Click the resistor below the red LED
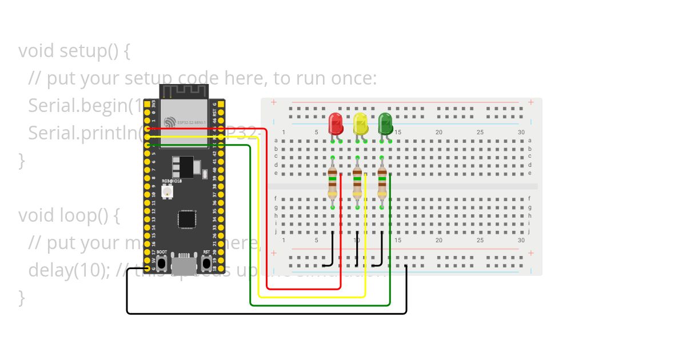point(333,183)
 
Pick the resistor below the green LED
point(382,183)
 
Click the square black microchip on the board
point(186,219)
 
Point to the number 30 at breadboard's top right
point(521,133)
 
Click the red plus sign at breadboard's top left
point(274,102)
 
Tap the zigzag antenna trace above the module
point(184,91)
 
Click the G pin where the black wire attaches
point(147,269)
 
